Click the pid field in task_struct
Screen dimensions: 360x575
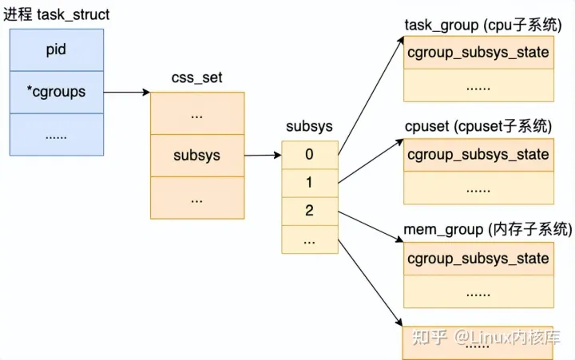[56, 49]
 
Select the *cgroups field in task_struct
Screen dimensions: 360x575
[56, 92]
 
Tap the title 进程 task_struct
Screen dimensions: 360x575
[57, 14]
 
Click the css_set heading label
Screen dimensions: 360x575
[196, 79]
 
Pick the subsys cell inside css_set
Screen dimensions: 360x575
[196, 156]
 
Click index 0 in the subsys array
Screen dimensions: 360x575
[309, 154]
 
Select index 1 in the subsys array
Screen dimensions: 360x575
[309, 183]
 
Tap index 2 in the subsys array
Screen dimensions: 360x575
[309, 212]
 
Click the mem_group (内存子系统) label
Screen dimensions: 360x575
[488, 230]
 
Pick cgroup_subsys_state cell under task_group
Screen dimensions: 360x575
[478, 53]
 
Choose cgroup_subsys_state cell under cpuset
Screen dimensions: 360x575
[478, 154]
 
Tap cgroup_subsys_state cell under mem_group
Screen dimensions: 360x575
[478, 258]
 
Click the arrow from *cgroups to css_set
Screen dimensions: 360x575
[126, 92]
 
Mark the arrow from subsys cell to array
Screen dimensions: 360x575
[262, 156]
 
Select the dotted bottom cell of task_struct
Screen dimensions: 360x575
[56, 135]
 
